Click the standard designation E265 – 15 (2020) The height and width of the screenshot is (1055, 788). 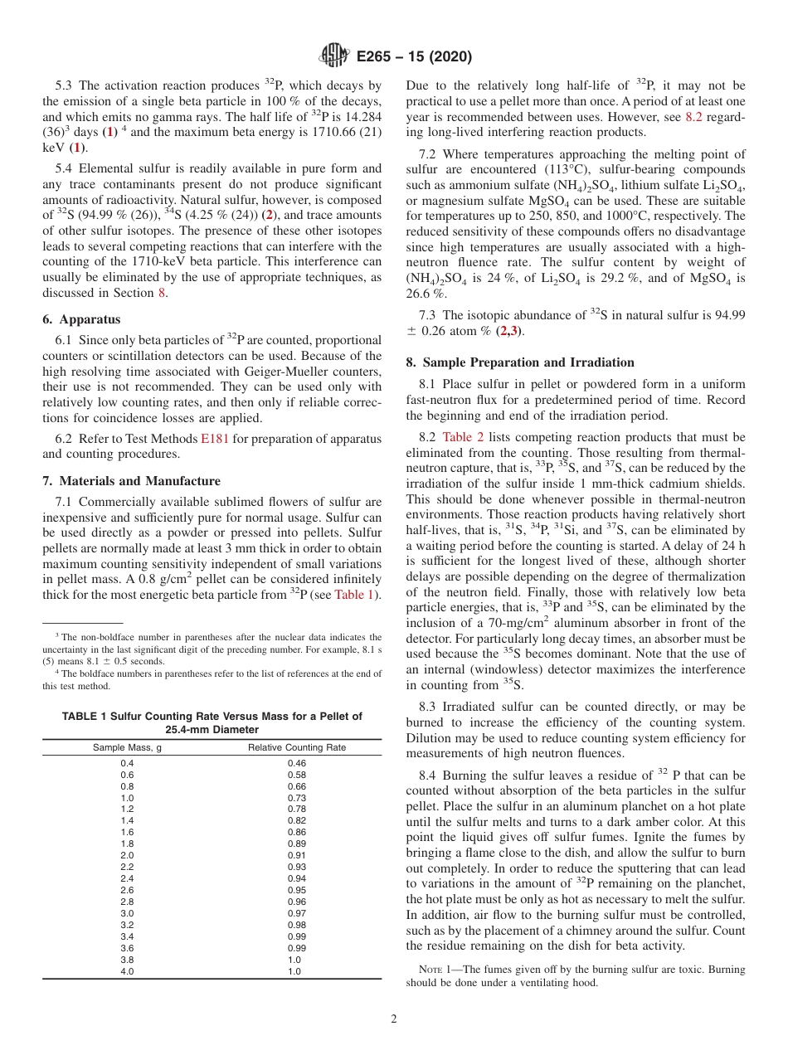tap(414, 57)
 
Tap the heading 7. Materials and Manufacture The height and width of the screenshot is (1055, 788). tap(131, 481)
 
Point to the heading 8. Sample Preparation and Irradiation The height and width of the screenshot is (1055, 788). tap(519, 362)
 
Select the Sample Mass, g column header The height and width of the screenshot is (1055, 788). tap(126, 747)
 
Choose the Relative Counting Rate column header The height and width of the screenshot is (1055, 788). tap(296, 747)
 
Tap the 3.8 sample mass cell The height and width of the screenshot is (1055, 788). tap(127, 960)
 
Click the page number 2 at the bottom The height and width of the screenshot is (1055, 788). tap(394, 1019)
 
